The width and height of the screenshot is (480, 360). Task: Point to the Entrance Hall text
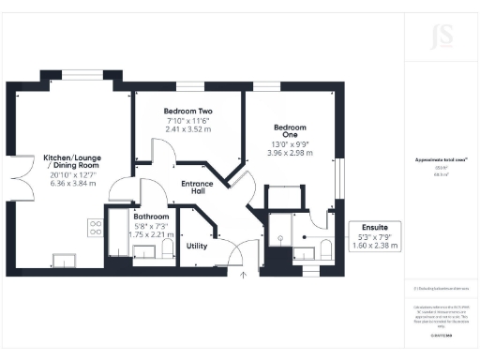(x=197, y=187)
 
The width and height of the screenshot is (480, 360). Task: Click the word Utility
(x=196, y=246)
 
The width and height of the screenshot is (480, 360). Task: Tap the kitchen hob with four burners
(x=95, y=226)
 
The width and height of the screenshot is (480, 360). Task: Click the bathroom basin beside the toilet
(x=146, y=253)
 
